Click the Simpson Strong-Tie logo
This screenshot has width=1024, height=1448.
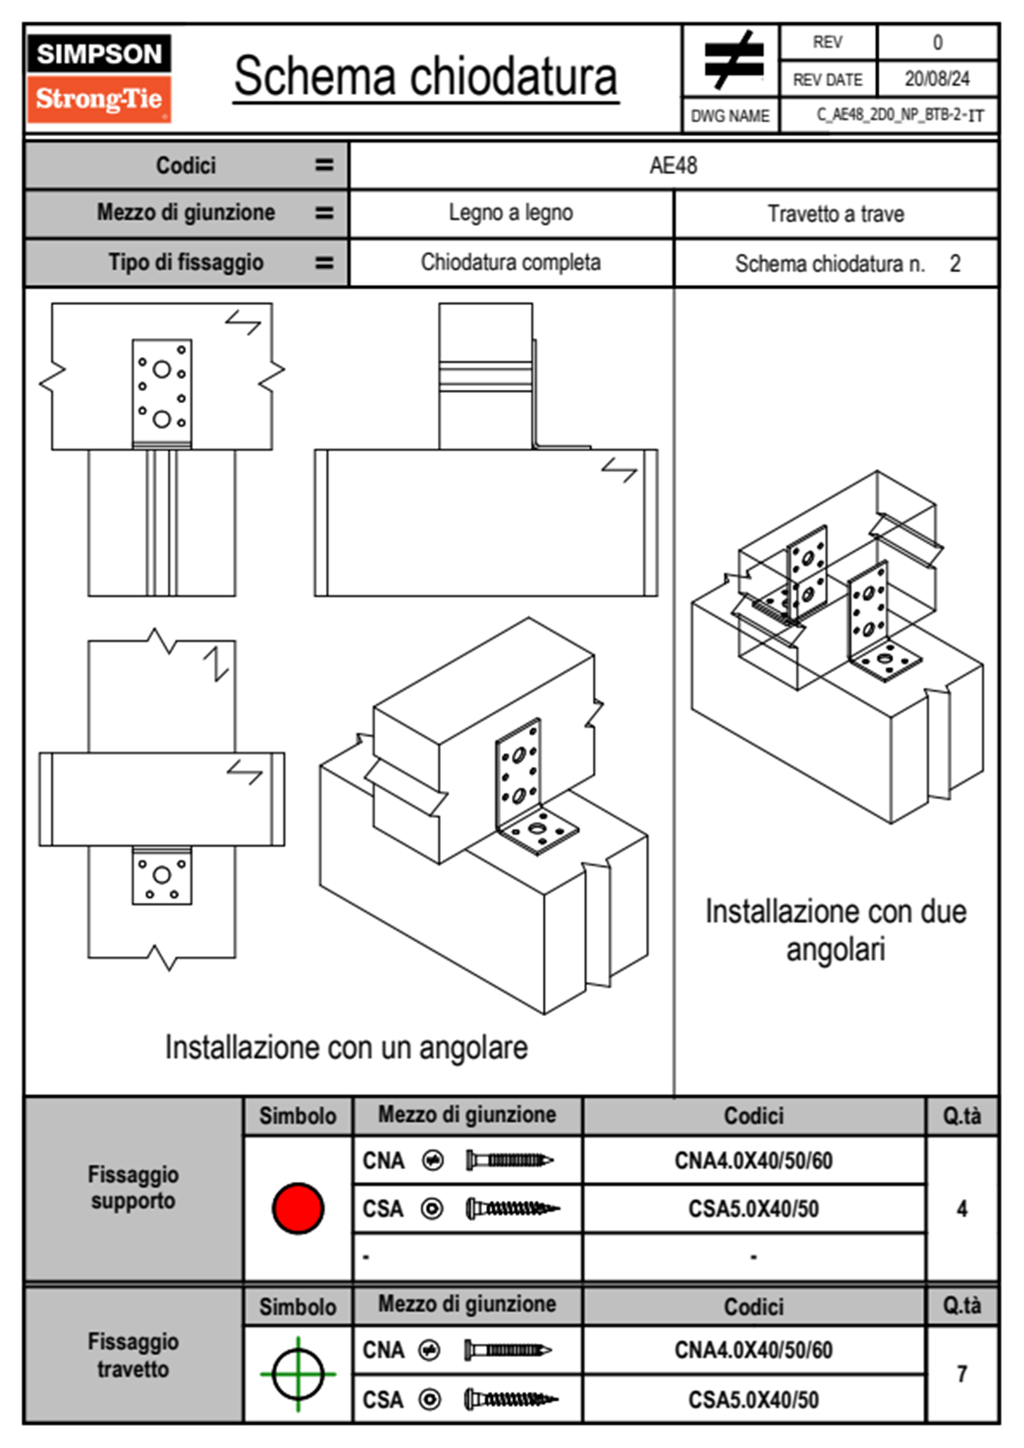pos(99,78)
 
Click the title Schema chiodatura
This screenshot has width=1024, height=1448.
pos(426,77)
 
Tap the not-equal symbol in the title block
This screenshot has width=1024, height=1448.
pos(732,60)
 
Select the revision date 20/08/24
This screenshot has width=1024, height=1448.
pos(936,79)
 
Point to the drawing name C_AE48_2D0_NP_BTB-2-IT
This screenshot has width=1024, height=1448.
pos(899,115)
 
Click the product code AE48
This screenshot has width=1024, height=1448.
pos(673,165)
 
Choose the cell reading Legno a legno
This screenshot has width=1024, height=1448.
pos(510,213)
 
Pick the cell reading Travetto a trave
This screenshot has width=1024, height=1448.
pos(836,213)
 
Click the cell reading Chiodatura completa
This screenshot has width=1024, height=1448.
pos(510,263)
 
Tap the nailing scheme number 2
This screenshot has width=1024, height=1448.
pos(954,263)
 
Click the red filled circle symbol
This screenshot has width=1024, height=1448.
pos(298,1208)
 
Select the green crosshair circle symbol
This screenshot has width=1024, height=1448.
pos(298,1374)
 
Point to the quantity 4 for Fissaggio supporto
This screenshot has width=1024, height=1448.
pos(961,1209)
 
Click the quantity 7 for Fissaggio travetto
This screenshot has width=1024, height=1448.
pos(961,1374)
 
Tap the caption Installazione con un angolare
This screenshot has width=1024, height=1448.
pos(346,1048)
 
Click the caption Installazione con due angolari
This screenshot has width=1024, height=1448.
pos(836,930)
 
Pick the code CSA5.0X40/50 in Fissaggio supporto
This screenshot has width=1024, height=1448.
pos(753,1209)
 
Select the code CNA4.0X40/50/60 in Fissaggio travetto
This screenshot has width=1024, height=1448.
pos(753,1350)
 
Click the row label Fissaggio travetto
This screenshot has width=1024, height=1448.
pos(133,1355)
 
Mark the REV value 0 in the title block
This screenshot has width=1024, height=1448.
pos(937,42)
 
